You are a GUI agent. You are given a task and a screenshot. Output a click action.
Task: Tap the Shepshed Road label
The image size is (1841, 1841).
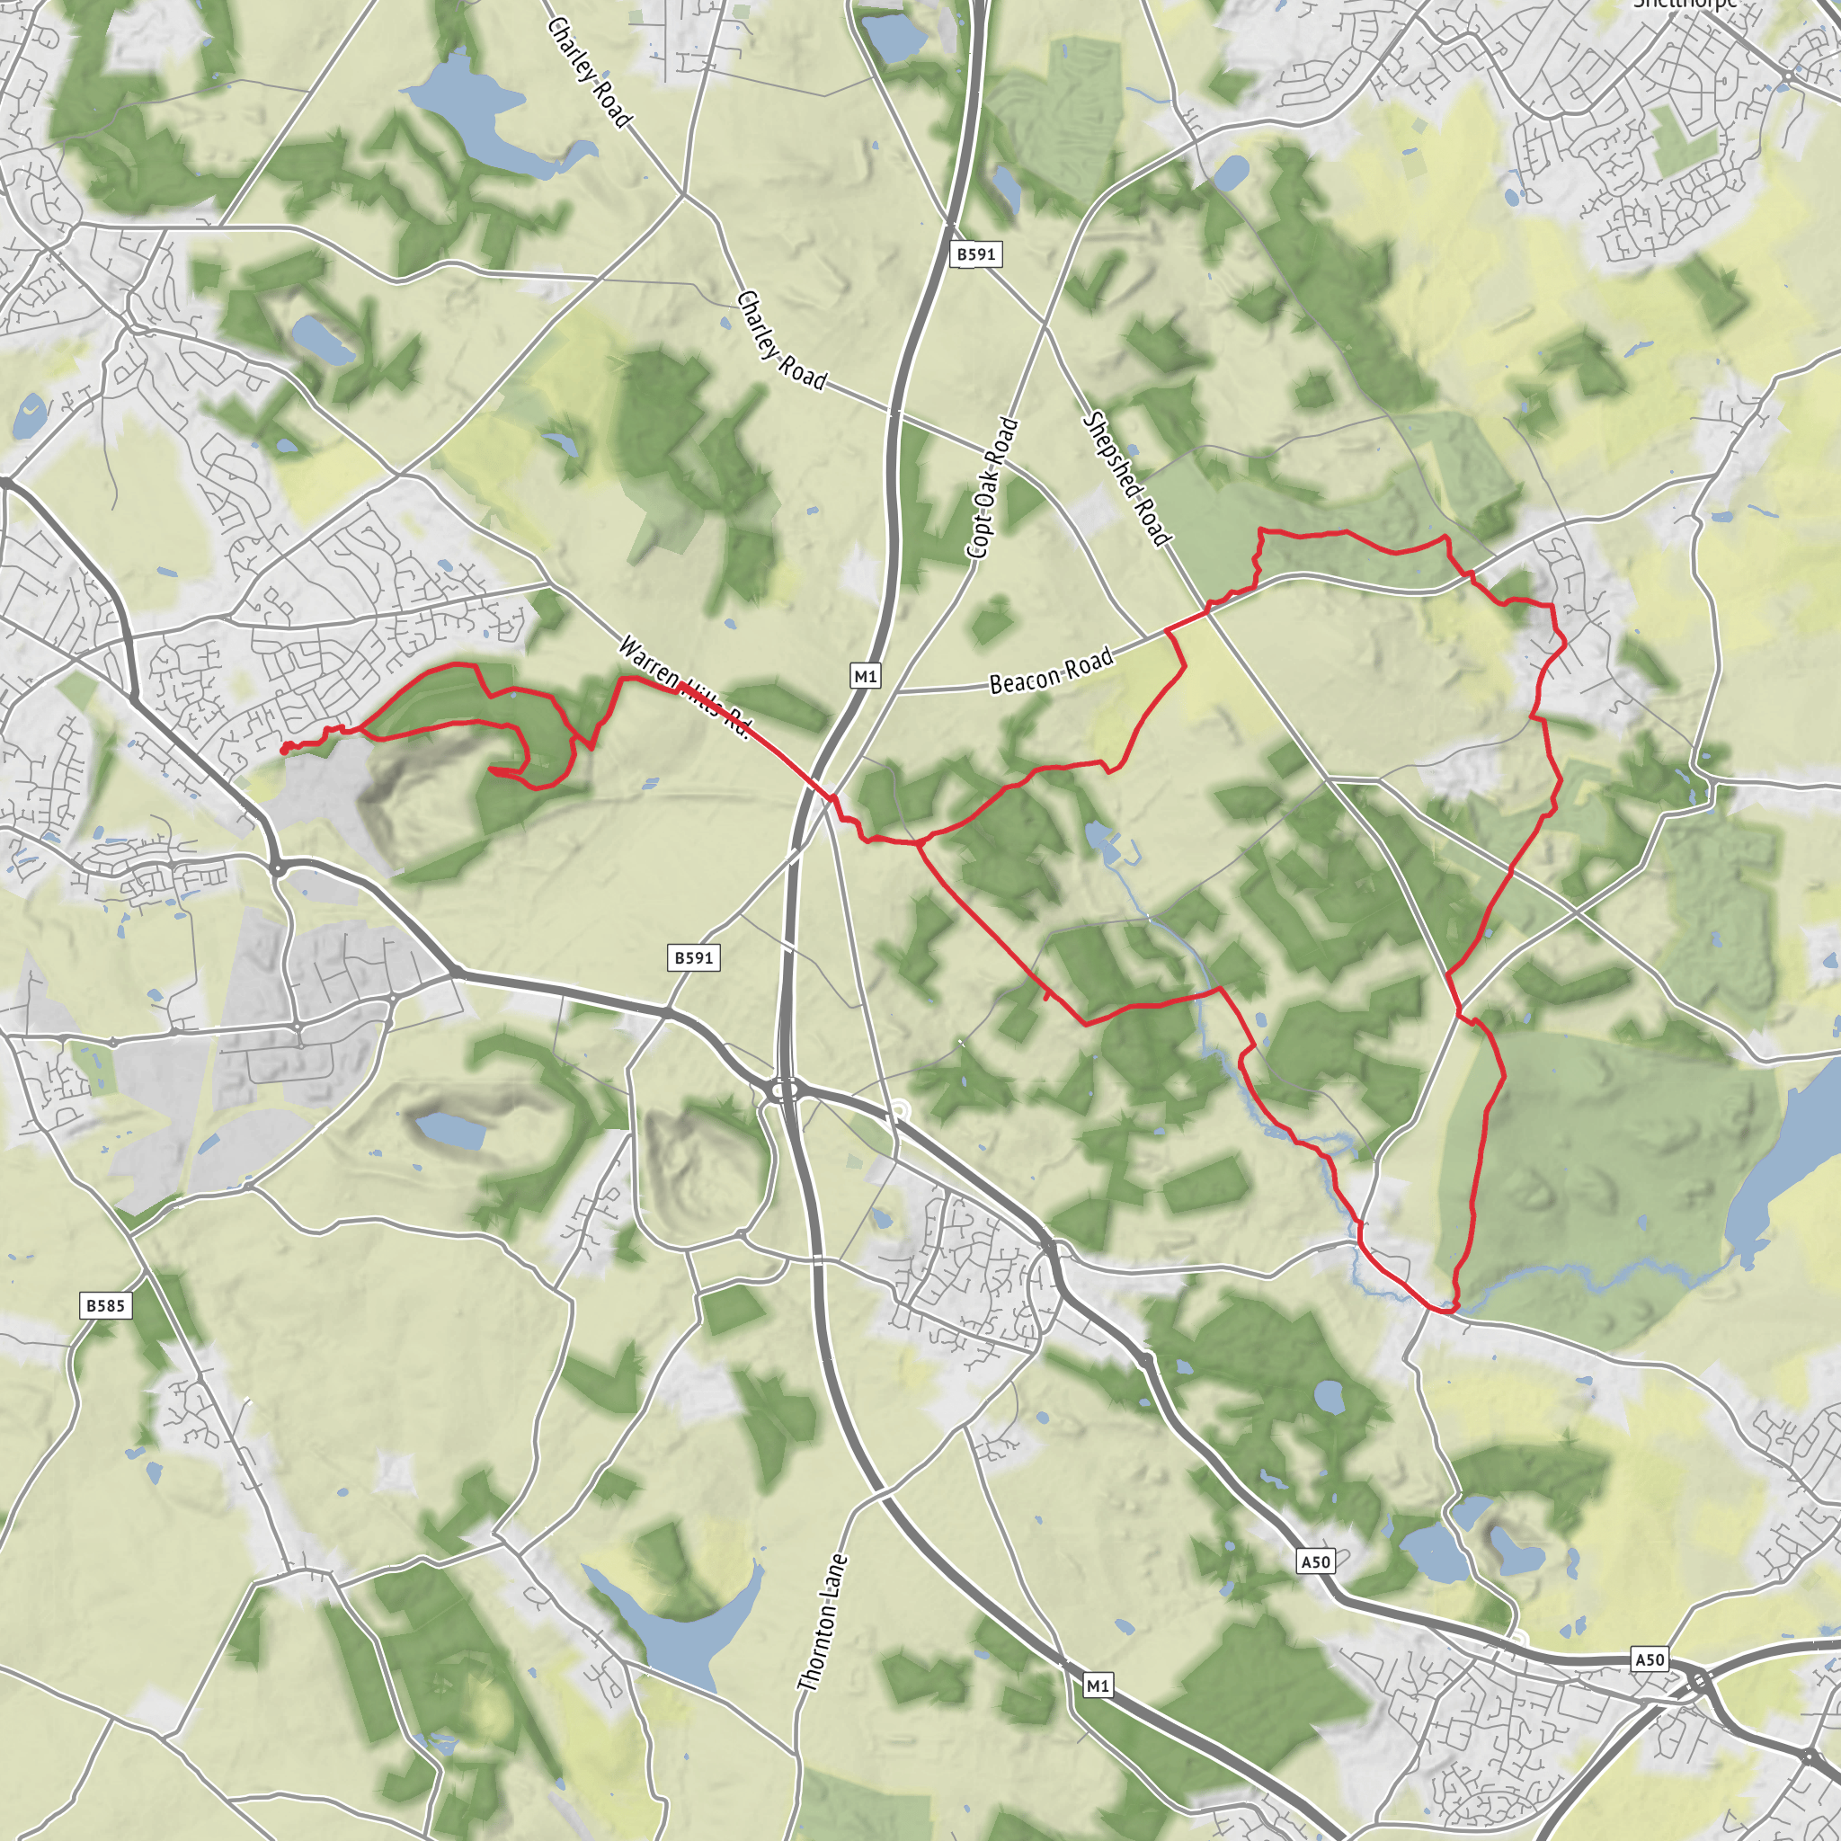coord(1125,479)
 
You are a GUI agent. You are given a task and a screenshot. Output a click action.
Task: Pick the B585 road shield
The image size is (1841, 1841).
coord(105,1305)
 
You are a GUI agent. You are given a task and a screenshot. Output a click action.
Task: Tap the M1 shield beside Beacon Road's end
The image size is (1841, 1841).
coord(864,677)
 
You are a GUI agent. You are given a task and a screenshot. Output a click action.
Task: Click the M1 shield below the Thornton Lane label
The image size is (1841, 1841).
coord(1098,1685)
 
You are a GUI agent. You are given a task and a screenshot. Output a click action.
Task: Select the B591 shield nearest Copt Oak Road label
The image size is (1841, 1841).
coord(975,254)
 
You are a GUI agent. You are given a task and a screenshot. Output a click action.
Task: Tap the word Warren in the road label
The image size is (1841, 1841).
coord(648,662)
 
